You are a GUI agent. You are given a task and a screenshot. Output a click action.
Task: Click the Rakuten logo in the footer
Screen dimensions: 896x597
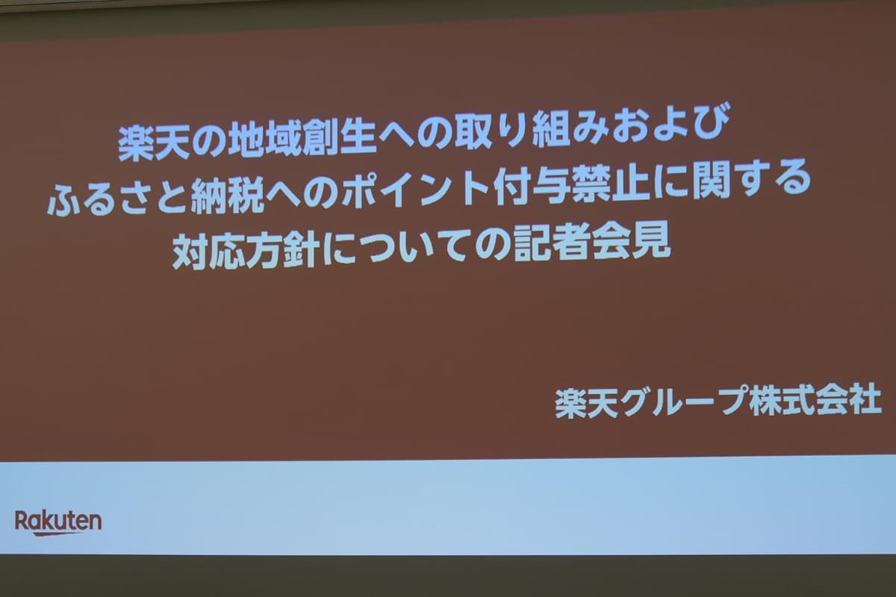coord(58,522)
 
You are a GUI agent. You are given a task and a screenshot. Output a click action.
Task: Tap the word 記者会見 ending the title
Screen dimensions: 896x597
coord(592,243)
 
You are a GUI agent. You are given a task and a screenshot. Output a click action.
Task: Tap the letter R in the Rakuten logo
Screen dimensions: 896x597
coord(22,520)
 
